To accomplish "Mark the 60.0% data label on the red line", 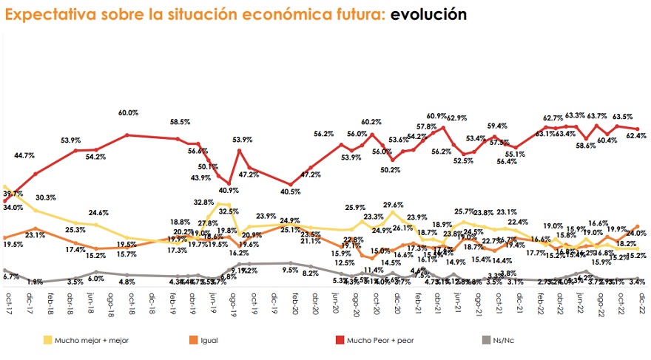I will [128, 113].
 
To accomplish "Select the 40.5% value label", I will [291, 191].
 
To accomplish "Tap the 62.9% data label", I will [456, 118].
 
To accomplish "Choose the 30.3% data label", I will [44, 197].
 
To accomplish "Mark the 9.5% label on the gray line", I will [290, 270].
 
